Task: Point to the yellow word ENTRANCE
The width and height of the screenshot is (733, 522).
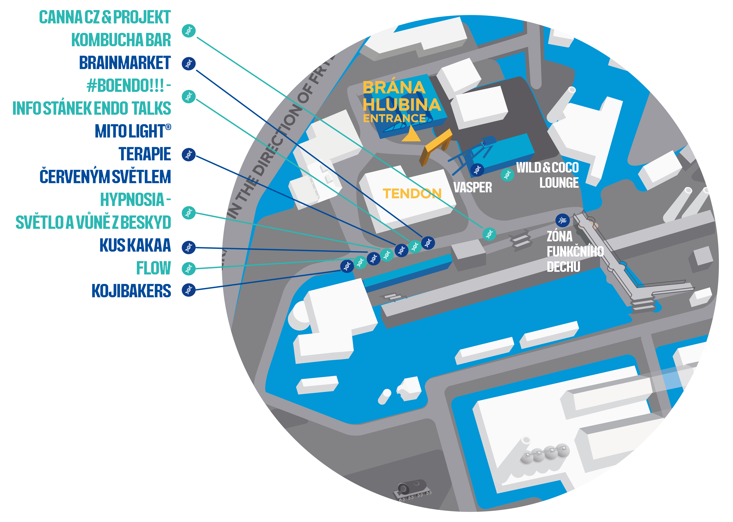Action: point(394,118)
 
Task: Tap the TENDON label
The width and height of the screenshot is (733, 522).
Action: point(412,193)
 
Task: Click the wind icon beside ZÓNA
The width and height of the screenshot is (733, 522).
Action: point(563,221)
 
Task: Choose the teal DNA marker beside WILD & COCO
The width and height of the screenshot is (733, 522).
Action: point(507,175)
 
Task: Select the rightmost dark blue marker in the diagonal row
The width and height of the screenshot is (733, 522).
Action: point(428,243)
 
